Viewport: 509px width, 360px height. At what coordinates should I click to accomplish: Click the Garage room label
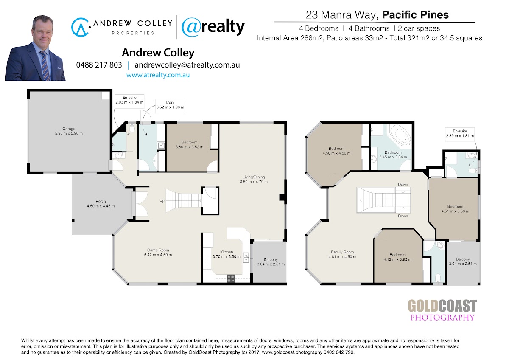(x=69, y=129)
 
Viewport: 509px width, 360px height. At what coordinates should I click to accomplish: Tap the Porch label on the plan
(x=101, y=201)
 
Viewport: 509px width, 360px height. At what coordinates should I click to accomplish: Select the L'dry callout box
(x=170, y=106)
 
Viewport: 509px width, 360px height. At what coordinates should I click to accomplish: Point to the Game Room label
(x=158, y=250)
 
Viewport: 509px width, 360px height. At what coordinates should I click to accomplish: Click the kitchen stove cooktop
(x=231, y=278)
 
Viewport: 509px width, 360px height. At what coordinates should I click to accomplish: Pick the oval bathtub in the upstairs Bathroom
(x=400, y=136)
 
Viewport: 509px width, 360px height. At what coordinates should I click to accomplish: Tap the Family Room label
(x=342, y=252)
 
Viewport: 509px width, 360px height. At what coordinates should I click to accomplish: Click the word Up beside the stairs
(x=162, y=200)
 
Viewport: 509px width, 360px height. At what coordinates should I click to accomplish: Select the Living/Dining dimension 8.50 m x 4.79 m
(x=254, y=182)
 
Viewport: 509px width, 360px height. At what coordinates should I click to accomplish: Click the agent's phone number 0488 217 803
(x=99, y=65)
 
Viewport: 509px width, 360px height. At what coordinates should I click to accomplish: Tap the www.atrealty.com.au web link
(x=158, y=75)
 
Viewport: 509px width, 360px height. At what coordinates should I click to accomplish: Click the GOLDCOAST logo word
(x=442, y=306)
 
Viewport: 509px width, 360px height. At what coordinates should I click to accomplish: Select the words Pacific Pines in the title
(x=415, y=15)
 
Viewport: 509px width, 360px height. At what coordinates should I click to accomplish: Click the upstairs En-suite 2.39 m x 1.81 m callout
(x=460, y=135)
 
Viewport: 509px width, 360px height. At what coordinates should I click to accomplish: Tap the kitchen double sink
(x=246, y=258)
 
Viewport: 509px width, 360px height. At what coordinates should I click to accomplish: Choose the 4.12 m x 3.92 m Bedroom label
(x=397, y=257)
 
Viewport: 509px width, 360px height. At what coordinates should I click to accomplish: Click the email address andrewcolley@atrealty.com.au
(x=187, y=65)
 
